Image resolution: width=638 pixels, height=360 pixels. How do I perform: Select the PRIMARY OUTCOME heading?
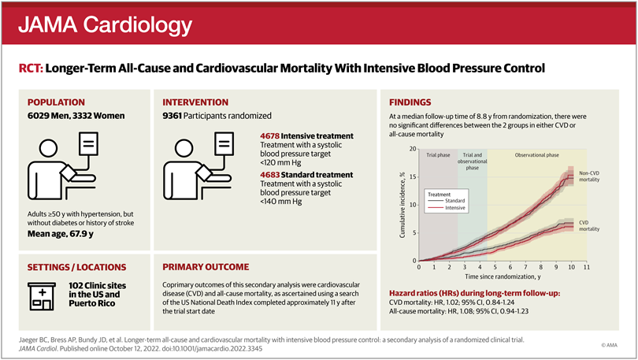tap(206, 266)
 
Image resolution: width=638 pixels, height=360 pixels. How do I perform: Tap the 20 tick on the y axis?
tap(414, 149)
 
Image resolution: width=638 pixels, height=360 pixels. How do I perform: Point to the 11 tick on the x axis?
tap(587, 268)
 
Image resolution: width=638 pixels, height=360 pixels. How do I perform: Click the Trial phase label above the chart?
tap(438, 155)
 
